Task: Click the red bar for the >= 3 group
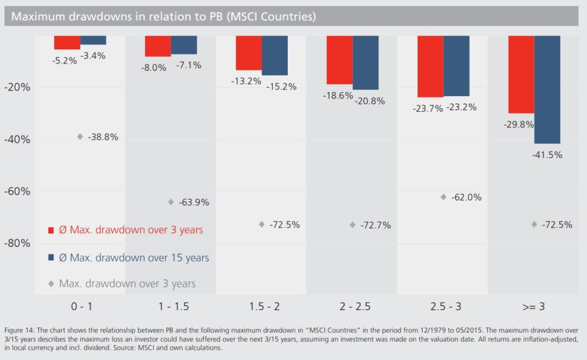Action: tap(522, 75)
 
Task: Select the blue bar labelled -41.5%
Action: tap(547, 89)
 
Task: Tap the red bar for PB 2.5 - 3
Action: tap(431, 66)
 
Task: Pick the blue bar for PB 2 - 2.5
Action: tap(366, 63)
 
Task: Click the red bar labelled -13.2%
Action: tap(249, 53)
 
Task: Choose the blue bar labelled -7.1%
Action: tap(184, 45)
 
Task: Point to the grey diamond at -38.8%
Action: tap(80, 136)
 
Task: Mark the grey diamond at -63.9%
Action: tap(171, 202)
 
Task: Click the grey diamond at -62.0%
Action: tap(443, 197)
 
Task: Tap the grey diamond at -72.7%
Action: tap(353, 225)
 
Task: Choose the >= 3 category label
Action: tap(533, 307)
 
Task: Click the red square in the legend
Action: tap(51, 230)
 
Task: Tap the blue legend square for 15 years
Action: tap(51, 258)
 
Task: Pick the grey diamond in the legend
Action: tap(51, 283)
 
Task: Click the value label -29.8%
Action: tap(518, 124)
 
